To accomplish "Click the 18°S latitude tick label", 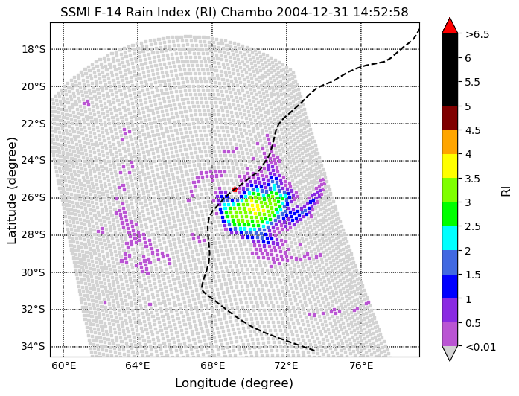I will [33, 49].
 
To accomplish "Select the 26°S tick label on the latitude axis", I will [33, 198].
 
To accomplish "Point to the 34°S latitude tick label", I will [33, 346].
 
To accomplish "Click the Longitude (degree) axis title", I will [234, 383].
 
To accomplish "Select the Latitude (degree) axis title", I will [12, 189].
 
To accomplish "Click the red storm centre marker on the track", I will [235, 190].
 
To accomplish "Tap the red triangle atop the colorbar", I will [449, 26].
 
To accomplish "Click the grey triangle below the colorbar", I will [449, 354].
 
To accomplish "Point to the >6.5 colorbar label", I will [477, 34].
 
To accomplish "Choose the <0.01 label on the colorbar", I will [480, 346].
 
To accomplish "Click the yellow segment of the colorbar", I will [449, 165].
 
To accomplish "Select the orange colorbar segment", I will [449, 141].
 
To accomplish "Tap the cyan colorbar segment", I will [449, 238].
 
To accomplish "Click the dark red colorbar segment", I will [449, 118].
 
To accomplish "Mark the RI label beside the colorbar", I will [506, 191].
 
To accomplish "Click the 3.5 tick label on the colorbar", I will [474, 179].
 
